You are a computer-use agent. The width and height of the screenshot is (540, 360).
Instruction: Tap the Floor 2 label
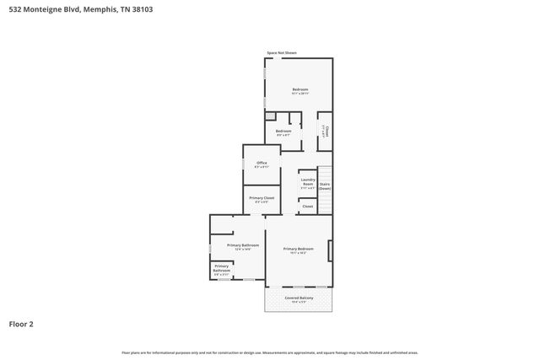point(22,323)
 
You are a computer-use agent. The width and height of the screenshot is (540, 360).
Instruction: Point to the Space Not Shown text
point(282,52)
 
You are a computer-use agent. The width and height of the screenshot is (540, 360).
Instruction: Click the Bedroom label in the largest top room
point(300,90)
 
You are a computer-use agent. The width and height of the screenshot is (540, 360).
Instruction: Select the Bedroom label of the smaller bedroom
point(283,132)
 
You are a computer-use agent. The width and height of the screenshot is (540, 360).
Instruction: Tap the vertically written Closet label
point(325,131)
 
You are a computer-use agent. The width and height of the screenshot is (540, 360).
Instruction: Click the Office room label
point(262,164)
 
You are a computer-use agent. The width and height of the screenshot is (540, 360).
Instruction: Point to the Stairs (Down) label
point(325,187)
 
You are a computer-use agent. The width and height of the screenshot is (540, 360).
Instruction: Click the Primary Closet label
point(262,199)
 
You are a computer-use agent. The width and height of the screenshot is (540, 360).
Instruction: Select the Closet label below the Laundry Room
point(307,206)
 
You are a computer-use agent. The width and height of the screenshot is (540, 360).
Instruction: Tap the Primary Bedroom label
point(298,250)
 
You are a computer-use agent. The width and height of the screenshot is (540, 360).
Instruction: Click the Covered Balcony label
point(299,298)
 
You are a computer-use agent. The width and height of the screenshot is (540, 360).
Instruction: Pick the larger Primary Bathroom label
point(243,246)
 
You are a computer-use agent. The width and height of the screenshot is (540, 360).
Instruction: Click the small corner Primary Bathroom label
point(221,269)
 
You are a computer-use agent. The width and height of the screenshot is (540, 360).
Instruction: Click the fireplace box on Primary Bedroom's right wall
point(330,251)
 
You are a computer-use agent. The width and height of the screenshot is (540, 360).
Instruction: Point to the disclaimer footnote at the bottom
point(269,352)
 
